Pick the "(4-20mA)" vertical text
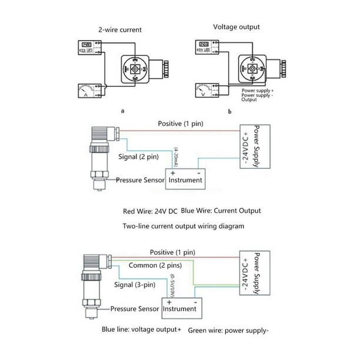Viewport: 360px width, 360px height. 175,157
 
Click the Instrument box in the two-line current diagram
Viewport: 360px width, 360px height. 185,179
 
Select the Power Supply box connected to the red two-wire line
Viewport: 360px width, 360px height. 249,147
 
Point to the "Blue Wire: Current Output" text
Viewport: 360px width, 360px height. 221,210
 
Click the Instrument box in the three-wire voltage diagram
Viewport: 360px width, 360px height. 179,308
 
